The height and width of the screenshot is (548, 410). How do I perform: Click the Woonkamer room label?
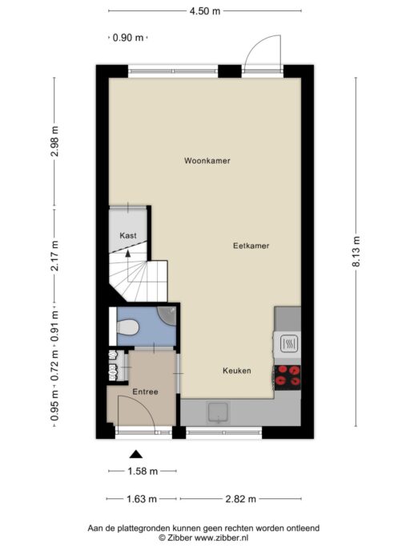[207, 160]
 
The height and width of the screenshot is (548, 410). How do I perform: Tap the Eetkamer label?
[251, 246]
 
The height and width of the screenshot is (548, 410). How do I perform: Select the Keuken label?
[237, 371]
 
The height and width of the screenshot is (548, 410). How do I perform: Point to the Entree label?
[145, 392]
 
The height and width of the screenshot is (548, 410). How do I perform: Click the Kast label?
[128, 236]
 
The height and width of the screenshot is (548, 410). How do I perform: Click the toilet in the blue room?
[127, 327]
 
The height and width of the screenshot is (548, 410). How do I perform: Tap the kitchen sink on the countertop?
[219, 412]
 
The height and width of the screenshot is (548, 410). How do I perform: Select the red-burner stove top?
[287, 377]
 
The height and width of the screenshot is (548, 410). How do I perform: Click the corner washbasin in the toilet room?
[167, 315]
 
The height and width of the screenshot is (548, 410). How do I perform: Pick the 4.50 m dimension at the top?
[205, 11]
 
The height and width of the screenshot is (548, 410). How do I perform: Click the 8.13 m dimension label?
[356, 251]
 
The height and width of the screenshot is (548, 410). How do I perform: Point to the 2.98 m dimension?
[54, 141]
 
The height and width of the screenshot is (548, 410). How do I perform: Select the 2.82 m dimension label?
[241, 499]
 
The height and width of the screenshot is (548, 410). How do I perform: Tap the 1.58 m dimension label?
[143, 471]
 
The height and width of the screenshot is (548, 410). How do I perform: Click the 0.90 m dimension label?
[128, 38]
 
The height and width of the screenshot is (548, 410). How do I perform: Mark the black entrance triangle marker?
[136, 454]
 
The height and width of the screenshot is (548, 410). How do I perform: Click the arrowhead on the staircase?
[128, 254]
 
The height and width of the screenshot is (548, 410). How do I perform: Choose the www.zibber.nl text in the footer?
[221, 538]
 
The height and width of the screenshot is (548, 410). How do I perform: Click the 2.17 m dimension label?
[54, 256]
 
